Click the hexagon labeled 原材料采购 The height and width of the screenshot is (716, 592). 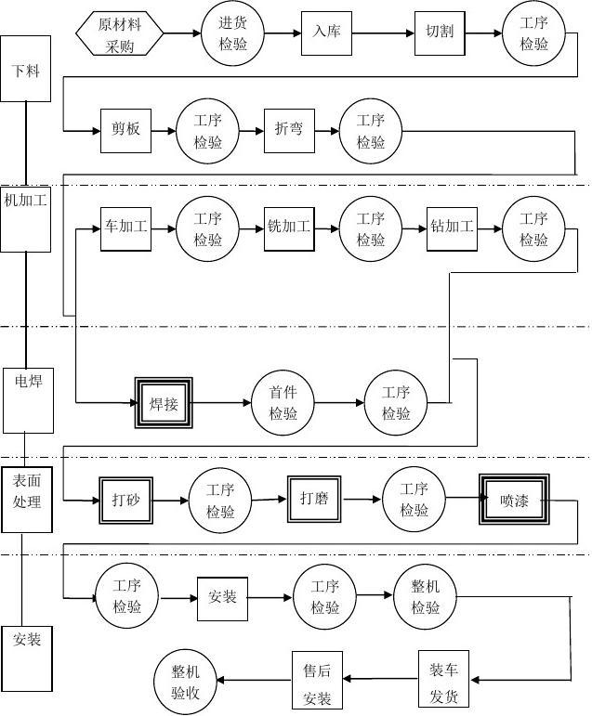[120, 34]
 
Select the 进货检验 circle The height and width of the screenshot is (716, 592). [233, 34]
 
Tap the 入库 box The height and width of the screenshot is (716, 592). [327, 33]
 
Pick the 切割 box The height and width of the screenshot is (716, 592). [440, 33]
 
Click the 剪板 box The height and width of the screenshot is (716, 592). [125, 130]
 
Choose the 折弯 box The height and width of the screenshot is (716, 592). [289, 130]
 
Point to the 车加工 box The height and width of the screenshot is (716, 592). [125, 228]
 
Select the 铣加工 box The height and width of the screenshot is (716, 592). [289, 228]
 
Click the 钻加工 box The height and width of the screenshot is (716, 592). [452, 228]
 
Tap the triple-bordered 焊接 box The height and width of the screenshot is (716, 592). [164, 403]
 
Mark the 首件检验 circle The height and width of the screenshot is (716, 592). [283, 403]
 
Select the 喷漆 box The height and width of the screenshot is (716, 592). [514, 500]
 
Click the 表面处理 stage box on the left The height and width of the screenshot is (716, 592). [26, 499]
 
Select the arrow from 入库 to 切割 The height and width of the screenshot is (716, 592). [384, 34]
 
